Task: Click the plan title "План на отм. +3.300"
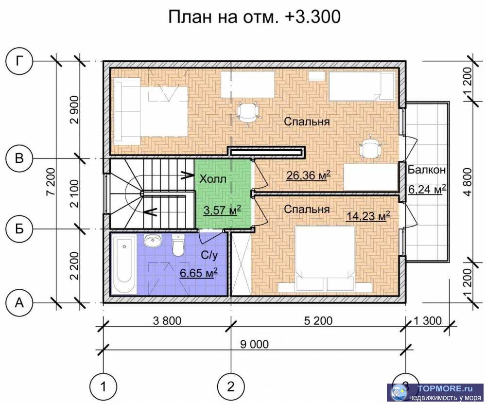click(254, 17)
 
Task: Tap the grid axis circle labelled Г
click(19, 62)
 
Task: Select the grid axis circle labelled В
click(19, 158)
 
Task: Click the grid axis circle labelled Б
click(19, 228)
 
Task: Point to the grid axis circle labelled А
click(19, 302)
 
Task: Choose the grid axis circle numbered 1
click(103, 387)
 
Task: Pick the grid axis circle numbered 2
click(230, 387)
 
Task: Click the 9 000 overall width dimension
click(254, 344)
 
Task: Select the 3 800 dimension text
click(167, 321)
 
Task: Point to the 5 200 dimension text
click(318, 321)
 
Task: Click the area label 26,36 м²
click(308, 175)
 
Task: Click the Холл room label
click(213, 179)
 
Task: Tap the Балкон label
click(427, 170)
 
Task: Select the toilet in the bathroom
click(178, 246)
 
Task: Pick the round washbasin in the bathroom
click(153, 240)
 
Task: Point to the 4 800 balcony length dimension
click(468, 181)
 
